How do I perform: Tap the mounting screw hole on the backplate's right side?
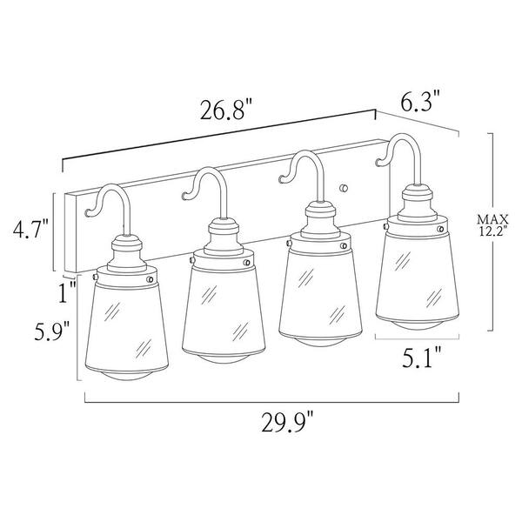(346, 186)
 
